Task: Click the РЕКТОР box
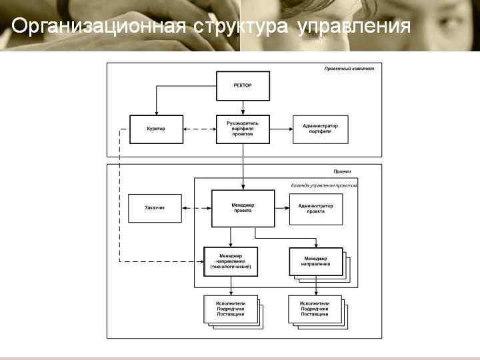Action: (x=243, y=86)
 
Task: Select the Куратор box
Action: (x=156, y=129)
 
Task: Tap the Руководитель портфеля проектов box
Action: (x=243, y=129)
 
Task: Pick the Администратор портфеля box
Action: (x=320, y=129)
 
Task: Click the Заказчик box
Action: (x=154, y=208)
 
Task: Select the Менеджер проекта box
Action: (x=243, y=208)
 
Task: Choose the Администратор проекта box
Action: (x=315, y=208)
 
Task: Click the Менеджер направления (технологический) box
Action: (x=230, y=261)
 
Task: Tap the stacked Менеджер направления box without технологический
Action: (x=315, y=261)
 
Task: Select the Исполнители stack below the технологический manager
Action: (x=231, y=309)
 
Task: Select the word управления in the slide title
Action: (x=353, y=27)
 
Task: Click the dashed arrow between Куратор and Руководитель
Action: (x=199, y=129)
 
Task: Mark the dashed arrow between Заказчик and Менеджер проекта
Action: (x=195, y=208)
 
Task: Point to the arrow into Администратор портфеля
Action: (x=281, y=129)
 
